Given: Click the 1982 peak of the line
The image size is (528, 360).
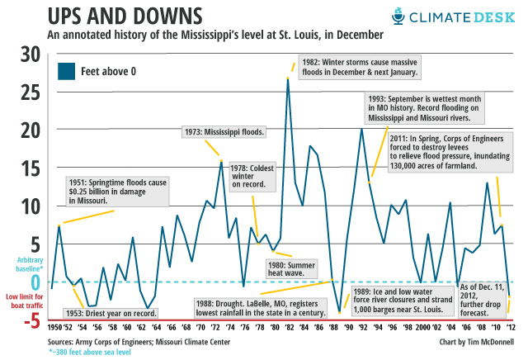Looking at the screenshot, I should [x=287, y=78].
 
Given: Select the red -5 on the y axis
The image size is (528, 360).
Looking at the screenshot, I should [x=30, y=321].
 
